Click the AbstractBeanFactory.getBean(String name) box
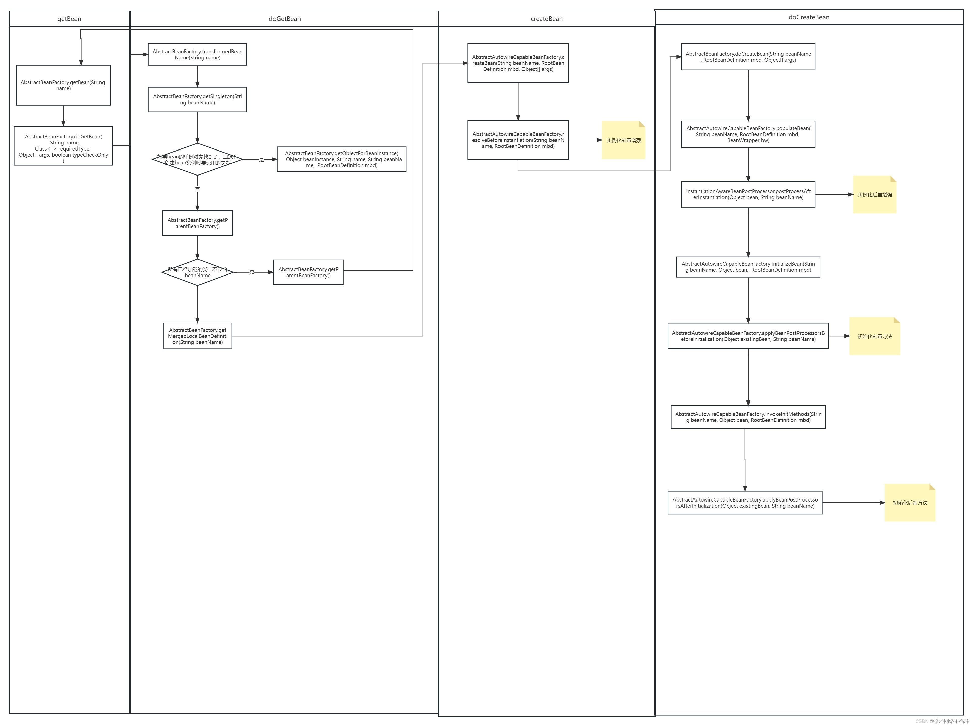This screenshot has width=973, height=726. tap(63, 85)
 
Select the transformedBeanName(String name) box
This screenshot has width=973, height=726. tap(197, 55)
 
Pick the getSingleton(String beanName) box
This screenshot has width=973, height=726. tap(197, 99)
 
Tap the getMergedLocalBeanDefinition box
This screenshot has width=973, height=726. tap(197, 336)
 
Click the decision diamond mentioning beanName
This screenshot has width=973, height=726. tap(197, 272)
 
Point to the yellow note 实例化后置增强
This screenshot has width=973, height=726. tap(874, 195)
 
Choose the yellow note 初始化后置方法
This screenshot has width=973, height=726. tap(909, 503)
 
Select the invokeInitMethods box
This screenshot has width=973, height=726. tap(748, 417)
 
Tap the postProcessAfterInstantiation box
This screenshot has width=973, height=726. tap(748, 194)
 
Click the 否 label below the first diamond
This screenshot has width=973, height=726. tap(197, 189)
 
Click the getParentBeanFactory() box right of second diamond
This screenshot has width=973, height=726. tap(308, 272)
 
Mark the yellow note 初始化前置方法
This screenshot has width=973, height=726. tap(874, 336)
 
